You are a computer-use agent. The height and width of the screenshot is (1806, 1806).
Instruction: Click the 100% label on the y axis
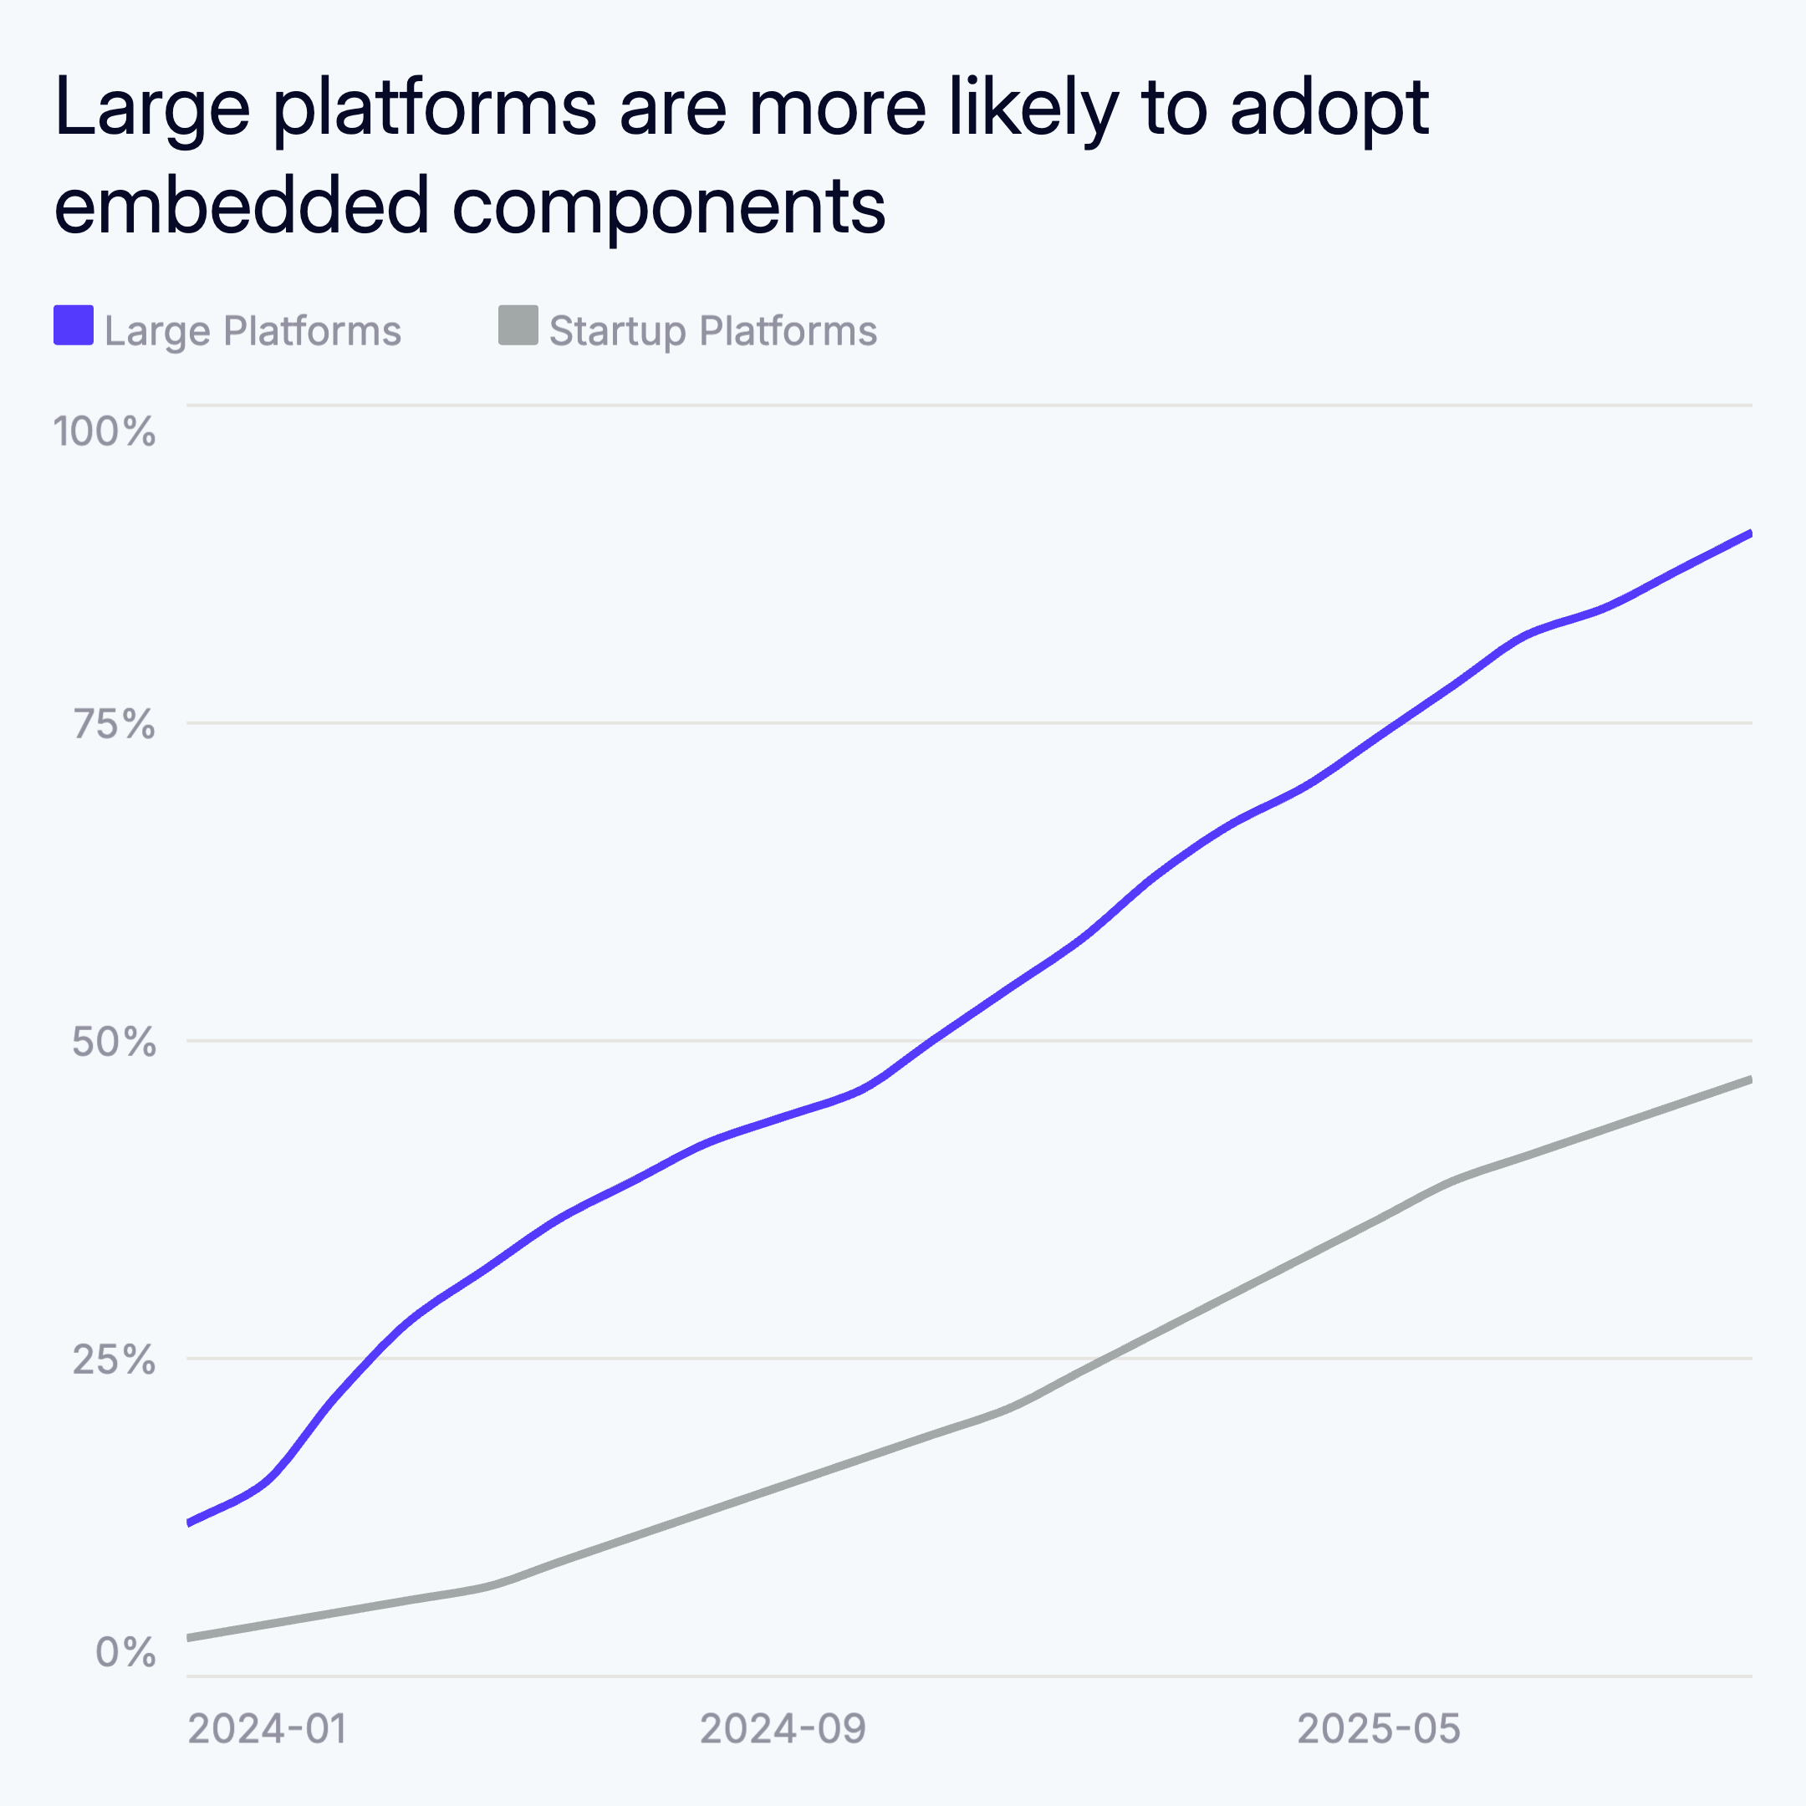click(104, 432)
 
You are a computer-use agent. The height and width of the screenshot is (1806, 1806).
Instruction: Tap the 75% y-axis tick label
click(114, 724)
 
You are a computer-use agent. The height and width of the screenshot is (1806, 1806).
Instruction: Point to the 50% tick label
click(114, 1041)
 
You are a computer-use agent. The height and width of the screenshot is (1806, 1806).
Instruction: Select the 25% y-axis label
click(114, 1360)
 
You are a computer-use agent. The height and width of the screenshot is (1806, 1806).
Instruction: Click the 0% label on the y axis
click(125, 1653)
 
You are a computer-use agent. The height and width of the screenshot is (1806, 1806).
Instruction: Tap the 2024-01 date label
click(268, 1729)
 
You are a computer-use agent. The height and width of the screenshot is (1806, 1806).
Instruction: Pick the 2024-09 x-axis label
click(783, 1729)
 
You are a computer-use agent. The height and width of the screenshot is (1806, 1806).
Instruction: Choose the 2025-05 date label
click(1379, 1729)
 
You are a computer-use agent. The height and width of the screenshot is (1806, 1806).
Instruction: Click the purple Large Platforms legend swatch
click(73, 325)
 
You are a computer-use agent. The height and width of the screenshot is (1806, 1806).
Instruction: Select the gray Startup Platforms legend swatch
click(518, 325)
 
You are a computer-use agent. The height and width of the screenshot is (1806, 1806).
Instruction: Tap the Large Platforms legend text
click(253, 331)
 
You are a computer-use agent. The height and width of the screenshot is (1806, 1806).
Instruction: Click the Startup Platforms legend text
click(712, 331)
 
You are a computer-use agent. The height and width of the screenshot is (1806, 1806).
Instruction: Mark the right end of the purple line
click(1750, 533)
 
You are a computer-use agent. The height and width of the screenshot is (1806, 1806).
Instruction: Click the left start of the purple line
click(189, 1523)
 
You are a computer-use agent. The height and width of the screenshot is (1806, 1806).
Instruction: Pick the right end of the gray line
click(1750, 1079)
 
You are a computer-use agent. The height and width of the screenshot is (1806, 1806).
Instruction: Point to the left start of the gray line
click(189, 1638)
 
